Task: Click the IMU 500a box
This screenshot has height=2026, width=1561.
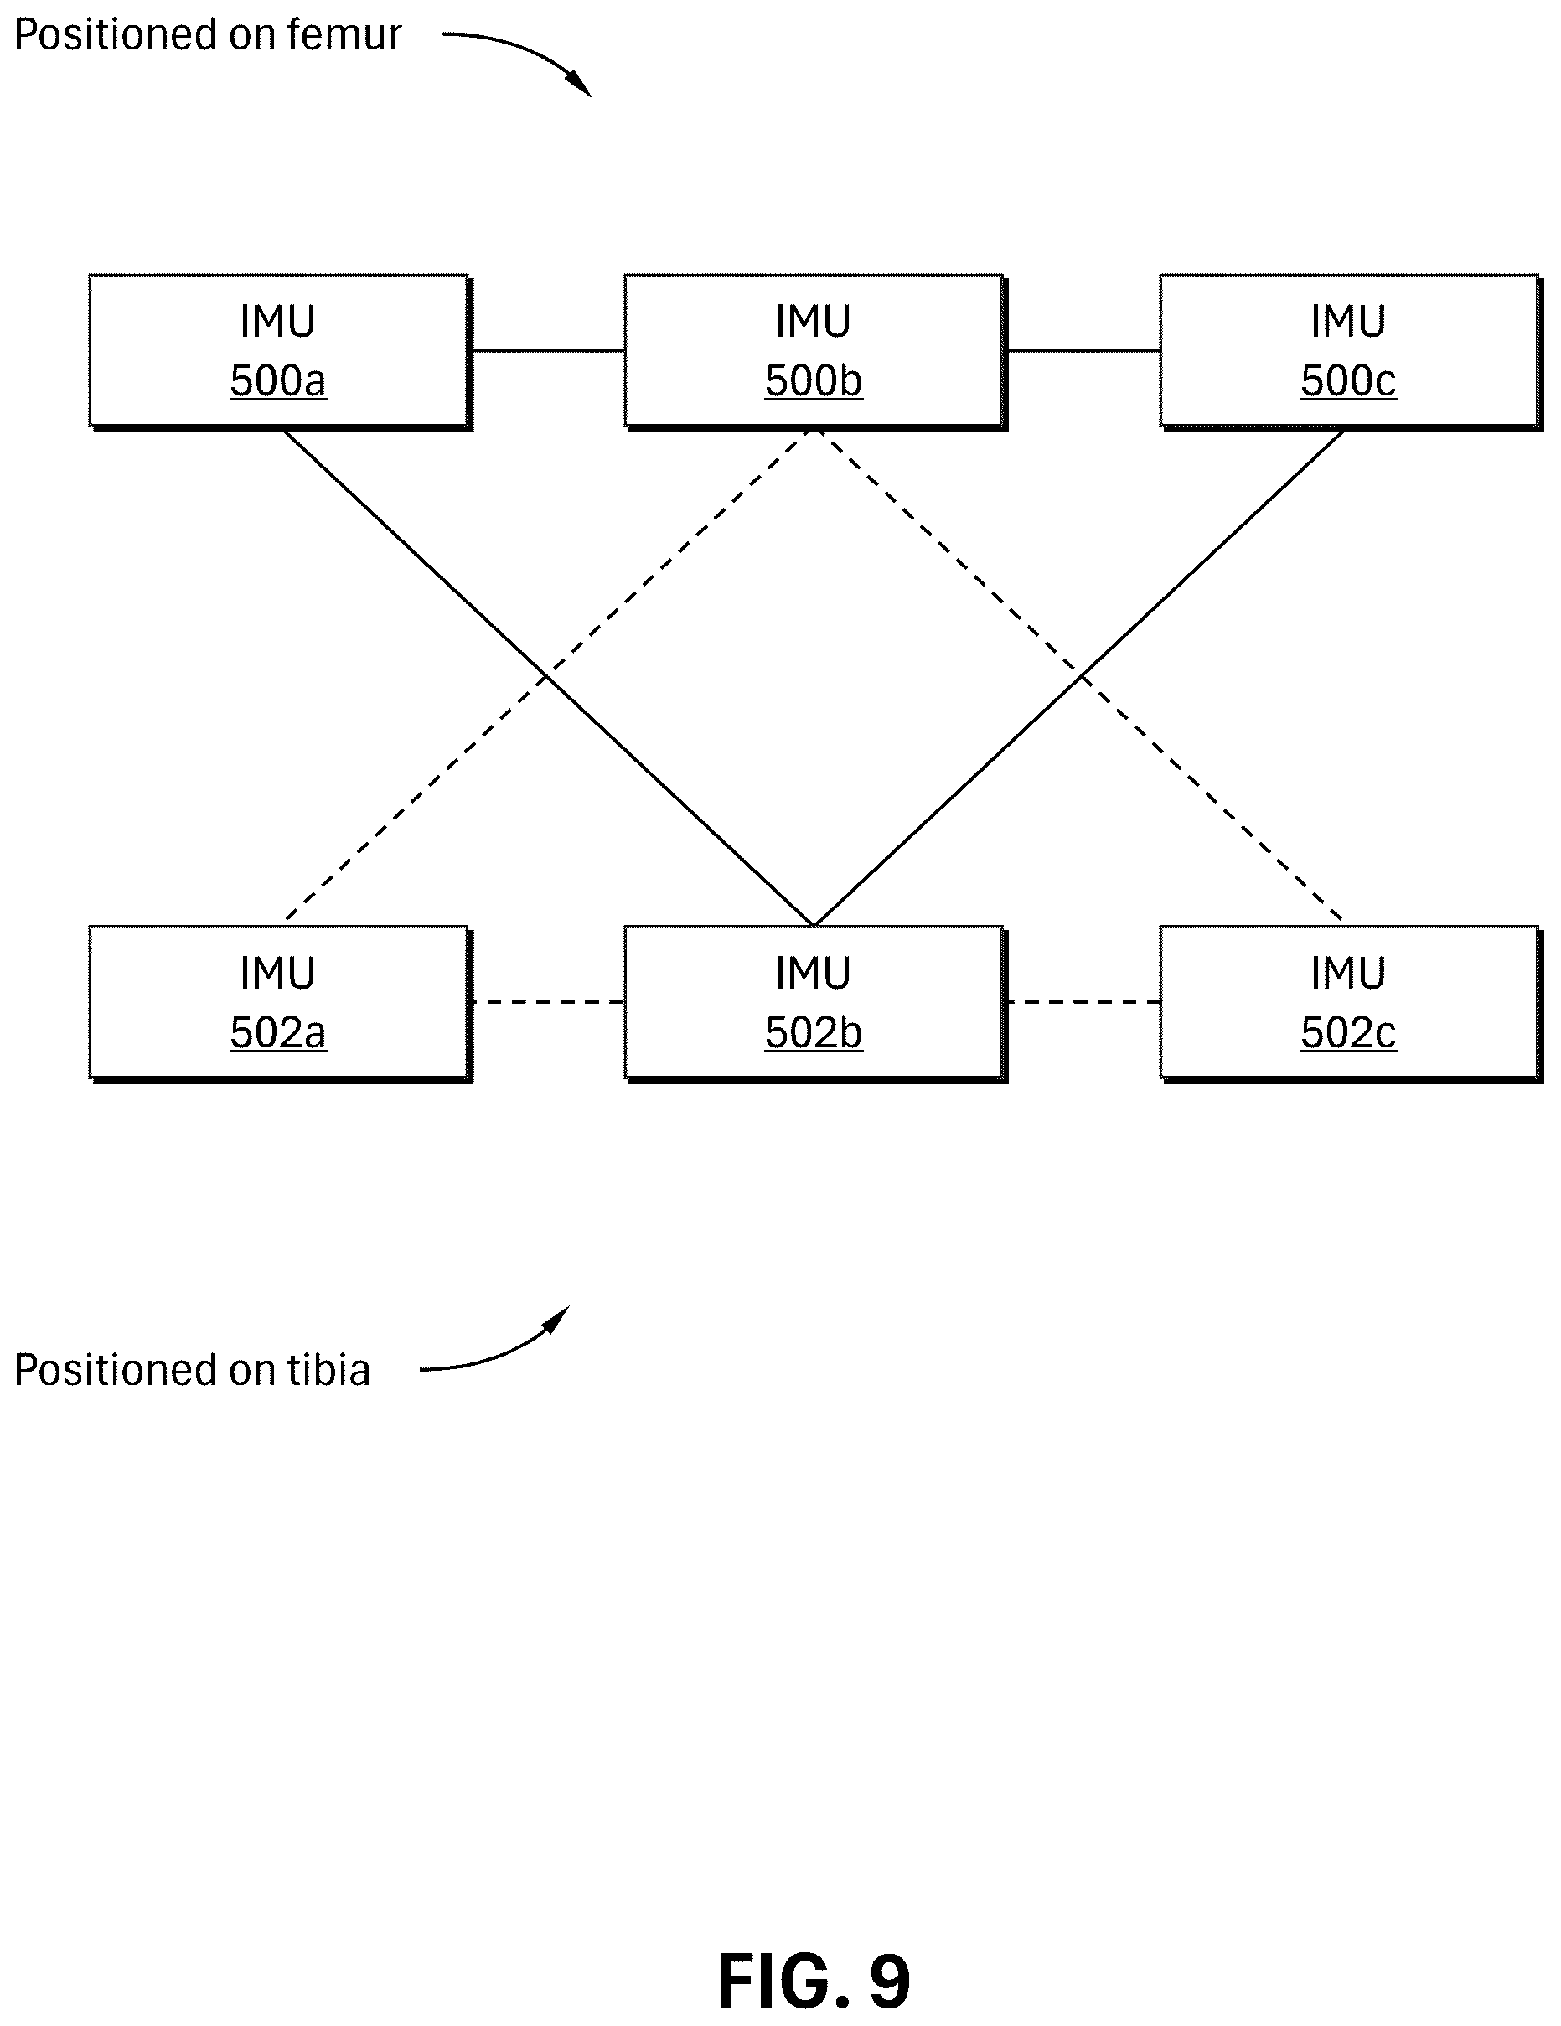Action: coord(279,352)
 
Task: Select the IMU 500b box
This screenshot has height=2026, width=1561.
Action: coord(814,352)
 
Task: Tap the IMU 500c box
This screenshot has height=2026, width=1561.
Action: coord(1350,352)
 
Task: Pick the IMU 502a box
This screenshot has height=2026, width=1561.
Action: coord(279,1003)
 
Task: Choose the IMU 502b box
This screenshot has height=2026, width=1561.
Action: coord(814,1003)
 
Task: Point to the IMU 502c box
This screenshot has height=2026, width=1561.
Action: coord(1350,1003)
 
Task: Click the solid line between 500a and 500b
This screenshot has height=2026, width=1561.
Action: coord(548,350)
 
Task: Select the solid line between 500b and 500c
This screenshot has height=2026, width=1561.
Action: coord(1083,350)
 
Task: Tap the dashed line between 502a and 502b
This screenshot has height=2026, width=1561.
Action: coord(548,1002)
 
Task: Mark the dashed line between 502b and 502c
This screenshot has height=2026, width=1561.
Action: coord(1083,1002)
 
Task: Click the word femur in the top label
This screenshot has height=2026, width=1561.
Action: coord(344,35)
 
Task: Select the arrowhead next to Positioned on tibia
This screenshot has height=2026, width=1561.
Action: coord(558,1318)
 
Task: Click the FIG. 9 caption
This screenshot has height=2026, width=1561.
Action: coord(814,1981)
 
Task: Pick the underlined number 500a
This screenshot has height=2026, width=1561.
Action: coord(278,380)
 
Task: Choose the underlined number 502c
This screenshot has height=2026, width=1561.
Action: coord(1349,1032)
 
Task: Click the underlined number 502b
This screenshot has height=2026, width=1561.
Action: coord(814,1032)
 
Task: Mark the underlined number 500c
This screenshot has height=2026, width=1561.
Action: coord(1349,380)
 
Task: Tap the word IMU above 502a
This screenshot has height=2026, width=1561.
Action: coord(278,973)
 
